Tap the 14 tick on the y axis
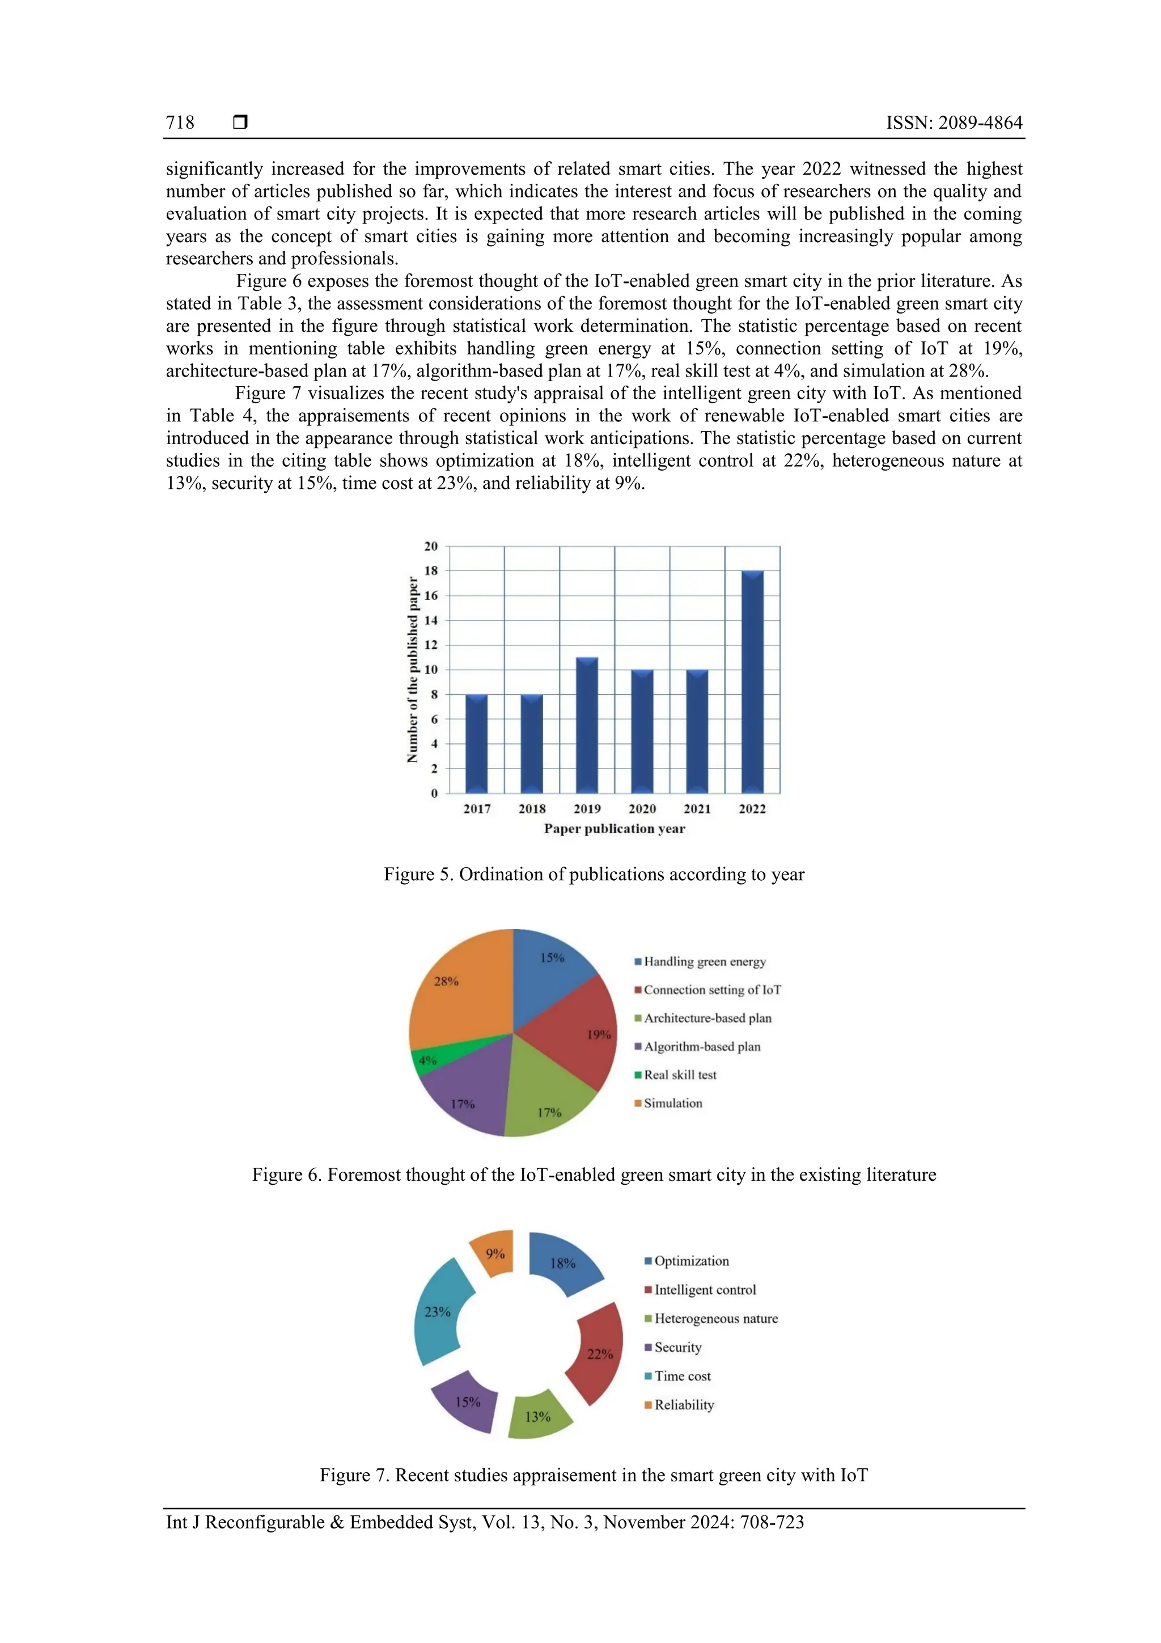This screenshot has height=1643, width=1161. tap(431, 620)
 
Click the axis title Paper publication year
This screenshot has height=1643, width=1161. tap(614, 829)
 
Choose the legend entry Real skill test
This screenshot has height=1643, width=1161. tap(679, 1075)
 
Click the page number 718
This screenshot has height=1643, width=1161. tap(180, 123)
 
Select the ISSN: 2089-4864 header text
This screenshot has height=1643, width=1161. tap(954, 123)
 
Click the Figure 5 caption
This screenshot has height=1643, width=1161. tap(594, 875)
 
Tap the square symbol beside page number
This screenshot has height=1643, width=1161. tap(240, 123)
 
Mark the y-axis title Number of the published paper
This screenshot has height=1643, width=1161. tap(412, 669)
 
